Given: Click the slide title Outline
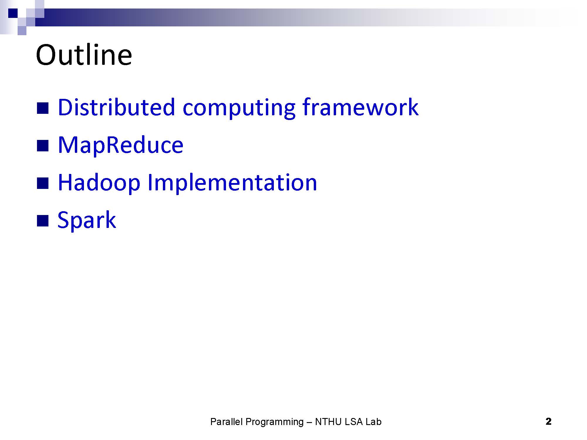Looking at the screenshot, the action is tap(84, 55).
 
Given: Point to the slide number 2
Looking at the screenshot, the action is tap(549, 422).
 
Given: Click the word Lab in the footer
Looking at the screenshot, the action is tap(374, 422).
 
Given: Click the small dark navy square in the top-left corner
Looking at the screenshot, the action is tap(13, 13).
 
